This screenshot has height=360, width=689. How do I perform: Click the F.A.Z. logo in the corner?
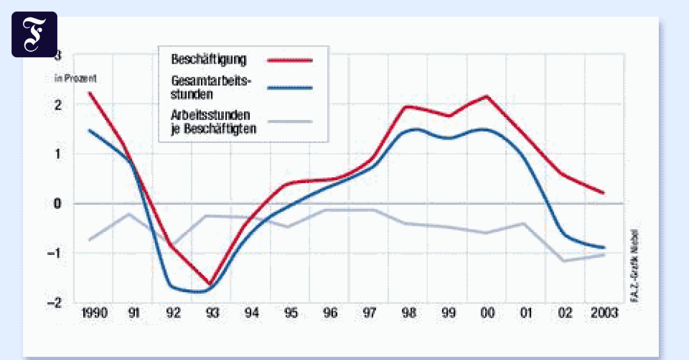pyautogui.click(x=34, y=34)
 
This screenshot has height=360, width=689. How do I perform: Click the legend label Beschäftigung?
pyautogui.click(x=209, y=59)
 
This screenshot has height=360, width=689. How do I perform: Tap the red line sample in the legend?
pyautogui.click(x=289, y=59)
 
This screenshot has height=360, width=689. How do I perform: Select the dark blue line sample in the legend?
pyautogui.click(x=289, y=87)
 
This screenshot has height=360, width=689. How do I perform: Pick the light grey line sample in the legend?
pyautogui.click(x=289, y=121)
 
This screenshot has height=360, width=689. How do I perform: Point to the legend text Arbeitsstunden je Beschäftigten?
pyautogui.click(x=213, y=121)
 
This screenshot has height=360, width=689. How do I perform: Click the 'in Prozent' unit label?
pyautogui.click(x=79, y=78)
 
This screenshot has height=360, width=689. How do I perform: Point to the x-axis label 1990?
pyautogui.click(x=94, y=314)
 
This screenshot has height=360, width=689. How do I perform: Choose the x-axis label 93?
pyautogui.click(x=212, y=314)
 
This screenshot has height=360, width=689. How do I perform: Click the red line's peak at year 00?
pyautogui.click(x=487, y=96)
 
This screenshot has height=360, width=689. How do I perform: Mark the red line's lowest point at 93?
pyautogui.click(x=210, y=284)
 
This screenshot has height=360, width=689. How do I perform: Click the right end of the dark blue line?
pyautogui.click(x=603, y=247)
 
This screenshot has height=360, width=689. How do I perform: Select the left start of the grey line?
pyautogui.click(x=90, y=239)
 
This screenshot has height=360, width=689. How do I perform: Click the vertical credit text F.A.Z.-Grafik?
pyautogui.click(x=634, y=265)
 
